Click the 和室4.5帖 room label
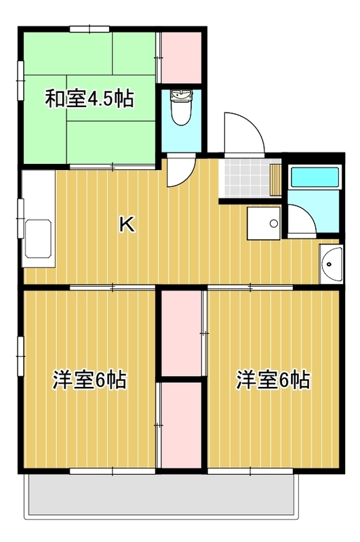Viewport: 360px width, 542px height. pyautogui.click(x=89, y=98)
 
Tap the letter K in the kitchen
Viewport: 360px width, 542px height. pyautogui.click(x=127, y=224)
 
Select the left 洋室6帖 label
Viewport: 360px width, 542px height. pyautogui.click(x=89, y=379)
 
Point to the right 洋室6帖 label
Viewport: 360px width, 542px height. pyautogui.click(x=273, y=379)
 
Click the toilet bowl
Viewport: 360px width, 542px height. pyautogui.click(x=181, y=113)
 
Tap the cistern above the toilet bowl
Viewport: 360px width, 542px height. pyautogui.click(x=181, y=95)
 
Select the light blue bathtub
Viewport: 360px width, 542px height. pyautogui.click(x=315, y=177)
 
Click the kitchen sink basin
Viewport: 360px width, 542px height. pyautogui.click(x=39, y=238)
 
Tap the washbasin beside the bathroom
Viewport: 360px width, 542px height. pyautogui.click(x=332, y=264)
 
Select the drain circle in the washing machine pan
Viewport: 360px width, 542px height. pyautogui.click(x=273, y=224)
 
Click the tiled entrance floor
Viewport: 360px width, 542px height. pyautogui.click(x=246, y=178)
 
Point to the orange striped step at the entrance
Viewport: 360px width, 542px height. pyautogui.click(x=276, y=180)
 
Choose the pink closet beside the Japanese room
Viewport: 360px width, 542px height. pyautogui.click(x=182, y=58)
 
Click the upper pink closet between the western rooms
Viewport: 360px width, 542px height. pyautogui.click(x=182, y=333)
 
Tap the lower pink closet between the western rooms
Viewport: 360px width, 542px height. pyautogui.click(x=182, y=425)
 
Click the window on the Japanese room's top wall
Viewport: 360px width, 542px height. pyautogui.click(x=89, y=29)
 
